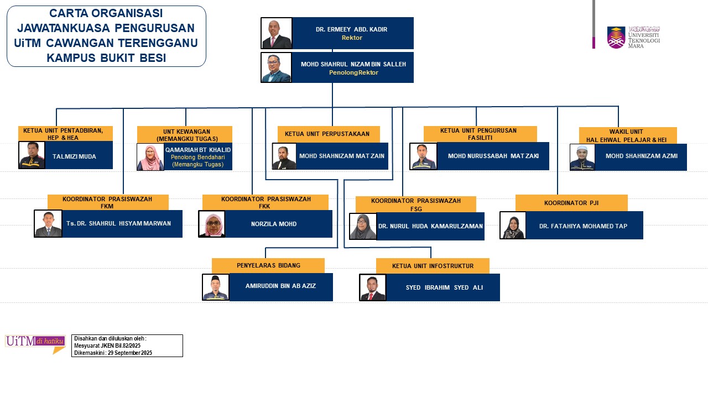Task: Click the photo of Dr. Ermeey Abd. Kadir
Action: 277,33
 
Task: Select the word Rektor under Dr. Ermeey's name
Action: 352,38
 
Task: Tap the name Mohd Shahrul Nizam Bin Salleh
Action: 353,64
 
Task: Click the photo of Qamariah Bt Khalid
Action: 150,157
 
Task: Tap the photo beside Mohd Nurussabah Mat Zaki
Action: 423,156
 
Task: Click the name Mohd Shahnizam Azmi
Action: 641,156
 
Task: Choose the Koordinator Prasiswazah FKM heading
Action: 107,202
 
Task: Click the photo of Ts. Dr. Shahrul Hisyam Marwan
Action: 48,223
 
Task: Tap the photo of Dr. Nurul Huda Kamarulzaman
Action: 363,226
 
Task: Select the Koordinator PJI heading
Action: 571,203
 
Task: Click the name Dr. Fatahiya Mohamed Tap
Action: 584,226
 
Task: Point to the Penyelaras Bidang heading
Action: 268,265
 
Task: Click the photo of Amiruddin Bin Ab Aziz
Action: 216,287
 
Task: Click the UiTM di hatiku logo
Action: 35,343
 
